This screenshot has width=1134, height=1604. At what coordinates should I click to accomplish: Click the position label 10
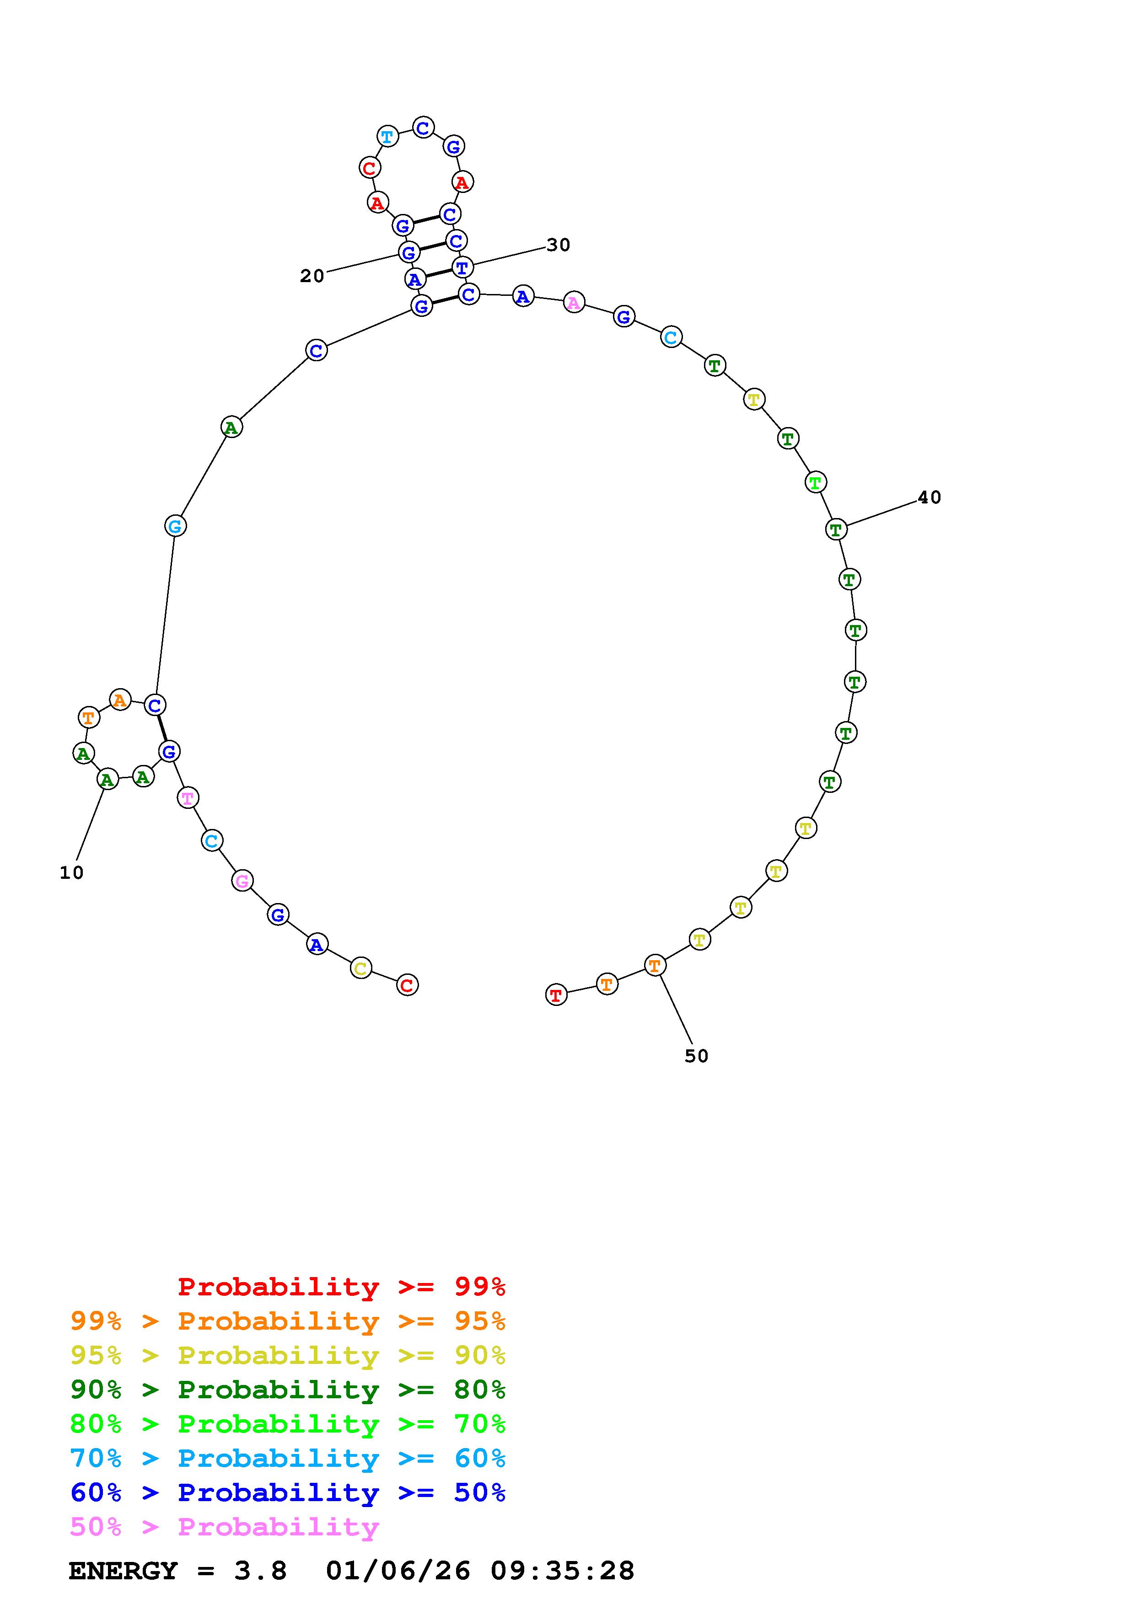(71, 872)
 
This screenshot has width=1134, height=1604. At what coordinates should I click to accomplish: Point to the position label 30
(558, 245)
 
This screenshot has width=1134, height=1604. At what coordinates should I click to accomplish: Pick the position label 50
(697, 1056)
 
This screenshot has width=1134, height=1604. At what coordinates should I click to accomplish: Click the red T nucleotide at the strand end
(556, 995)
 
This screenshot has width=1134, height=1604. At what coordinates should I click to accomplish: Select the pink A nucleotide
(574, 303)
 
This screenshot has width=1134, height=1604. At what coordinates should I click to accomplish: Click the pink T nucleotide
(187, 797)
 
